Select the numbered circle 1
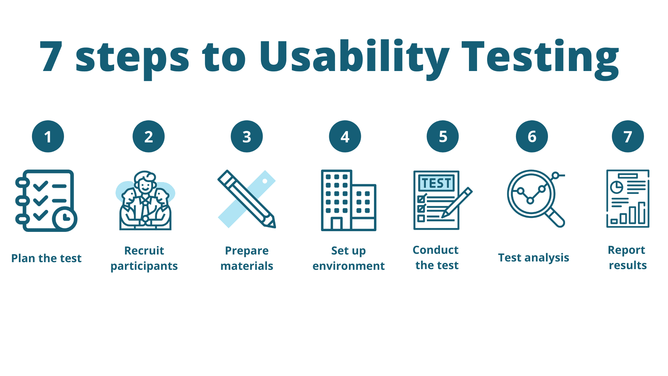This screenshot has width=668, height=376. [48, 136]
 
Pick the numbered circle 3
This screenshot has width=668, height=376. [247, 136]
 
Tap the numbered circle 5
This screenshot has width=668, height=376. [443, 136]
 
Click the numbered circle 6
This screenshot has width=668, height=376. [532, 136]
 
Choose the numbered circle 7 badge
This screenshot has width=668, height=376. [628, 136]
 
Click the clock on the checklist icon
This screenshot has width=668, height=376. [65, 219]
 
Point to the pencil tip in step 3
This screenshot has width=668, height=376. [272, 224]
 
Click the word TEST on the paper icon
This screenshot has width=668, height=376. [437, 183]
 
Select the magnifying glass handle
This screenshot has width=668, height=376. [556, 218]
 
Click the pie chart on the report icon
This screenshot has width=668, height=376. [617, 187]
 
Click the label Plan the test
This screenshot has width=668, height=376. [46, 258]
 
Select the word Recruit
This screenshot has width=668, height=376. [144, 251]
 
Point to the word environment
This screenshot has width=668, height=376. [349, 266]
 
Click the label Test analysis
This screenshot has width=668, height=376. [534, 258]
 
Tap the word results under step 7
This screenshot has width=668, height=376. [628, 265]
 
